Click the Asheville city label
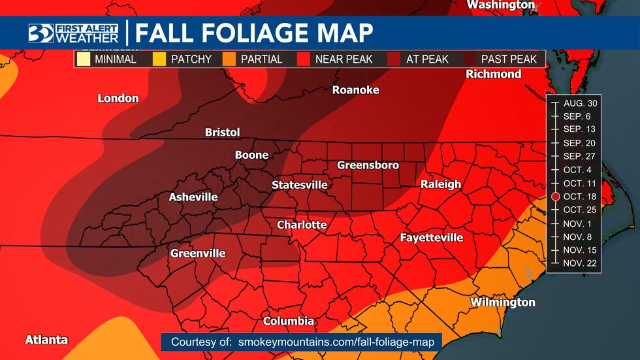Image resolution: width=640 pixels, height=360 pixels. click(x=193, y=197)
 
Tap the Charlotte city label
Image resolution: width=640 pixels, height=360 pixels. click(x=301, y=225)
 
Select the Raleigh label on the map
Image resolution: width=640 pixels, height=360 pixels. click(x=440, y=184)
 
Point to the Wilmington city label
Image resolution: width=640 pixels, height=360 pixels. click(x=502, y=303)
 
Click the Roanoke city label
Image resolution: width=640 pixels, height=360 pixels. click(x=355, y=90)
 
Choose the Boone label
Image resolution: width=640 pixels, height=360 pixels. click(x=251, y=155)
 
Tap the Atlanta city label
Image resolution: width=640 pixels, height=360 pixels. click(x=46, y=340)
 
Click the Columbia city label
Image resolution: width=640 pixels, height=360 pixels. click(x=288, y=321)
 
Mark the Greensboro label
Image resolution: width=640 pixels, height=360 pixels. click(x=368, y=165)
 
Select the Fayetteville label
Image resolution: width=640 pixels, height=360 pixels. click(x=431, y=238)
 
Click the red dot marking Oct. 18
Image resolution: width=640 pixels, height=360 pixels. click(x=555, y=197)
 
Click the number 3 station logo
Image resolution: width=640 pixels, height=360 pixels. click(x=40, y=33)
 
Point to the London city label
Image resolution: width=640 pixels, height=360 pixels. click(x=118, y=99)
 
